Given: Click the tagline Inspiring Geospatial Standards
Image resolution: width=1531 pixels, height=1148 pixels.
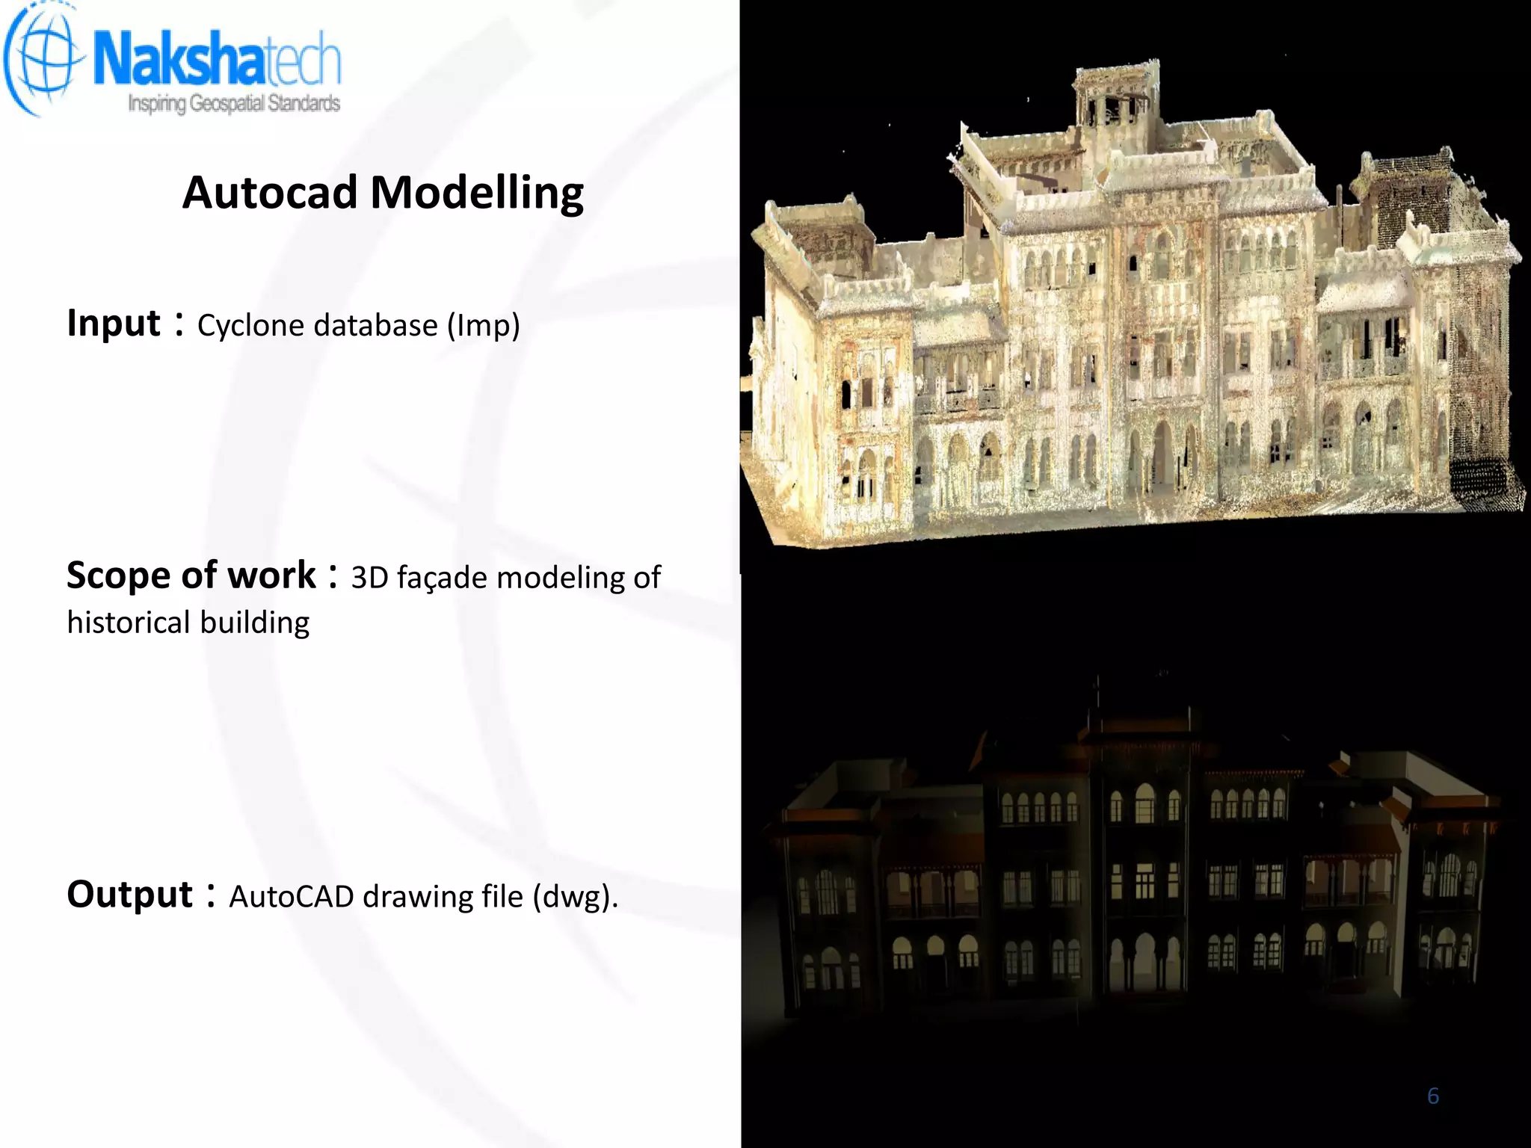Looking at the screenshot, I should [234, 103].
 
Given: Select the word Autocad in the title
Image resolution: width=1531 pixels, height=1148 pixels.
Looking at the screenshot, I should [270, 193].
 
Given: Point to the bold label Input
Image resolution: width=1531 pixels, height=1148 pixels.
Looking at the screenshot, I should [114, 324].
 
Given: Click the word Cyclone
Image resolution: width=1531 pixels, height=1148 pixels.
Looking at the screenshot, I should [250, 326].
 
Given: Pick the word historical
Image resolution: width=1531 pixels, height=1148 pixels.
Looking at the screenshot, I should [128, 623].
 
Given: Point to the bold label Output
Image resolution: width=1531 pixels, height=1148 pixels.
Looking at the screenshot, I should [130, 895].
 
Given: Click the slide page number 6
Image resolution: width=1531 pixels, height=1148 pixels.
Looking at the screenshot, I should [1432, 1096].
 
